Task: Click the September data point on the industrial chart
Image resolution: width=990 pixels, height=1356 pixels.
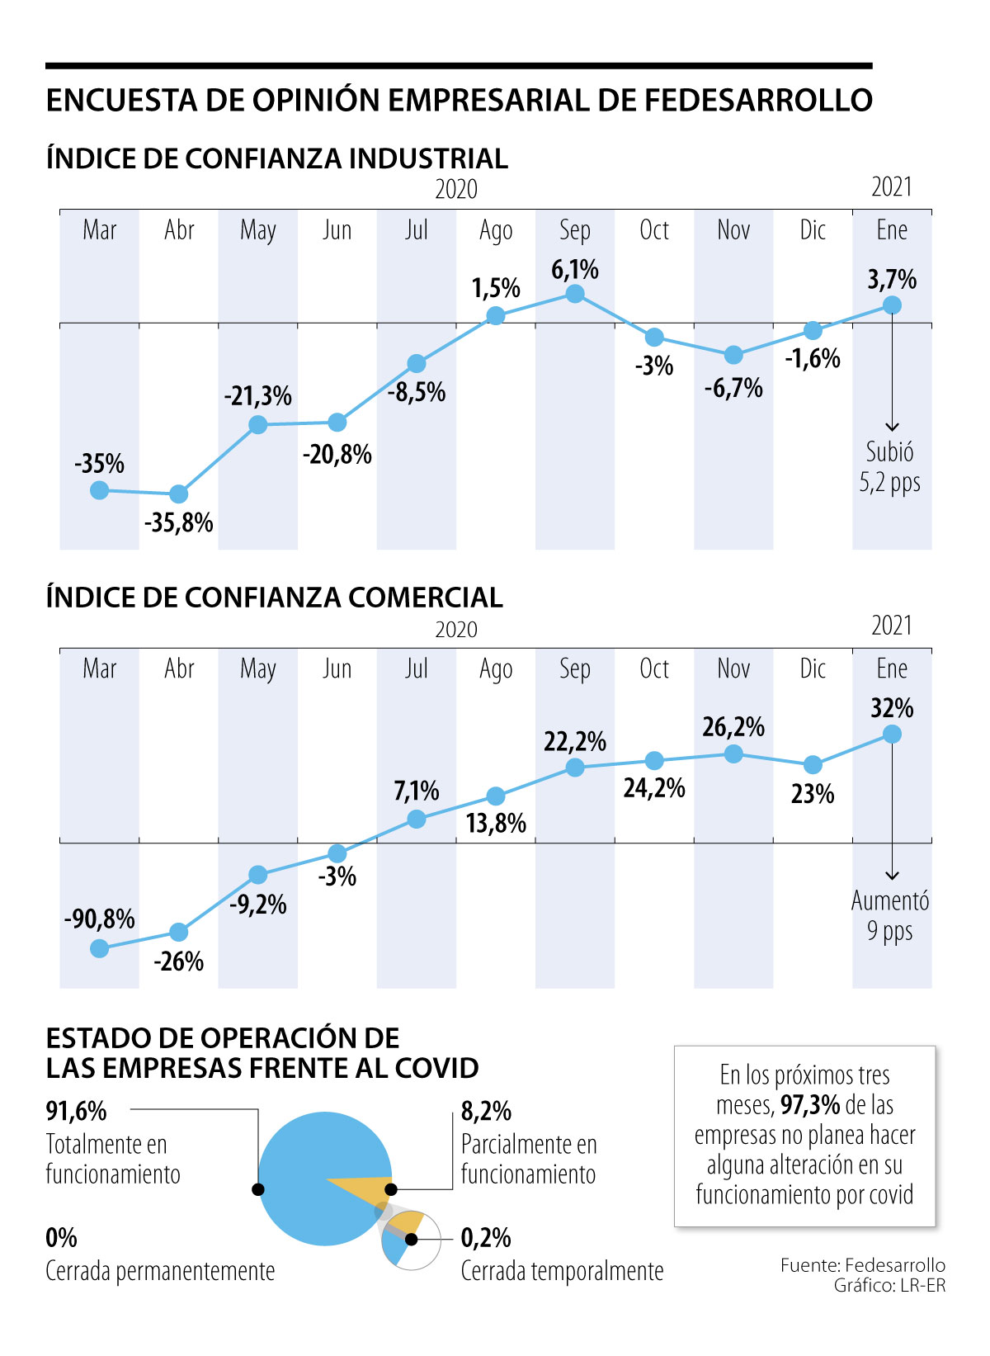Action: pyautogui.click(x=575, y=294)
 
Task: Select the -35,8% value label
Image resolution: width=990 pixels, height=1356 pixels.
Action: pyautogui.click(x=179, y=522)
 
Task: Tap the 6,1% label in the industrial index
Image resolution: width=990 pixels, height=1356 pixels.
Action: pyautogui.click(x=575, y=269)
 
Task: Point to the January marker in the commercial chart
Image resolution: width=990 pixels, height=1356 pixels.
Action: pyautogui.click(x=892, y=734)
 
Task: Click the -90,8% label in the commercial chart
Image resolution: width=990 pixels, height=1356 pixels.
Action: pyautogui.click(x=100, y=919)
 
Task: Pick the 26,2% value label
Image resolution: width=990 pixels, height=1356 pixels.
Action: pyautogui.click(x=733, y=727)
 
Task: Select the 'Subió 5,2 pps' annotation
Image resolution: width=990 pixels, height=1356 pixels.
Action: pyautogui.click(x=889, y=467)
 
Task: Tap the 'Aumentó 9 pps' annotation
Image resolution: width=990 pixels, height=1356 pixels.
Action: pyautogui.click(x=889, y=915)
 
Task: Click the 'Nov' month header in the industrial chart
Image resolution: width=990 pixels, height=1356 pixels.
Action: pyautogui.click(x=733, y=229)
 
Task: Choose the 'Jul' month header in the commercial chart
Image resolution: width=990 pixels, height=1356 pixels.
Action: pyautogui.click(x=417, y=669)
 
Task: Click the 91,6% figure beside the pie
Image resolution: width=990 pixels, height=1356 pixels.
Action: pyautogui.click(x=77, y=1112)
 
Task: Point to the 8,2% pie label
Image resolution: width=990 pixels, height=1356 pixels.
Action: pyautogui.click(x=486, y=1112)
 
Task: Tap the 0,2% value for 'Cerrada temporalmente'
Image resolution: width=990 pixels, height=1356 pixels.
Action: pyautogui.click(x=486, y=1238)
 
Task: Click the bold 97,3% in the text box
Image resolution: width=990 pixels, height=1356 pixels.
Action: pyautogui.click(x=810, y=1104)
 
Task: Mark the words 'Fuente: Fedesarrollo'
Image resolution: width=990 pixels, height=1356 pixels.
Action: pyautogui.click(x=862, y=1265)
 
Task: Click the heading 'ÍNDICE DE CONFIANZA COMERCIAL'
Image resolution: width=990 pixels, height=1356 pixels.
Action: pyautogui.click(x=275, y=597)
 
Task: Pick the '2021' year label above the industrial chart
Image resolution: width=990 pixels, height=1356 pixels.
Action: pyautogui.click(x=892, y=187)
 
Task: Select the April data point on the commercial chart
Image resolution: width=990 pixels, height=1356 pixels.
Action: pyautogui.click(x=179, y=932)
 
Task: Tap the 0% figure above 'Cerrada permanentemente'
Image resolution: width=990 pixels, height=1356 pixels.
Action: pyautogui.click(x=62, y=1238)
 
